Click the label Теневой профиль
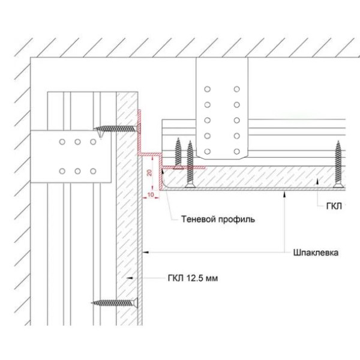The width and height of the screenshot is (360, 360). pos(218,219)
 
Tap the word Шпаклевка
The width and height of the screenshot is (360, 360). pos(316,253)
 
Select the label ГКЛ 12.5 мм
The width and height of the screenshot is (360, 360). pos(193,278)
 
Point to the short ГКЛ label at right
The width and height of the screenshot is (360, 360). pos(334,206)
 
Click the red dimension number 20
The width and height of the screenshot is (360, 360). pos(149,173)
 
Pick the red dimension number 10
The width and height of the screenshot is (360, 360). pos(151,194)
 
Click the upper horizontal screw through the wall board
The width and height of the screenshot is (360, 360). pos(117,129)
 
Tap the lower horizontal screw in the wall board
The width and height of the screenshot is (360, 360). pos(115,303)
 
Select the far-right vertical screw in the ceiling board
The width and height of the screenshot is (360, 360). pos(338,164)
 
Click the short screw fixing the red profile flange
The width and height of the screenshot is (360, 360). pos(178,154)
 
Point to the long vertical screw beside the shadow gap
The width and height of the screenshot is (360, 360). pos(190,164)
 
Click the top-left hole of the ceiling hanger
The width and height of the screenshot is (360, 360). pos(208,89)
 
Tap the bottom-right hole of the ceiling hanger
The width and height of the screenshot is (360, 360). pos(237,152)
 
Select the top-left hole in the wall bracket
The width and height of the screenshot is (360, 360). pos(62,142)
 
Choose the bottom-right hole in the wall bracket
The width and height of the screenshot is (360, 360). pos(93,171)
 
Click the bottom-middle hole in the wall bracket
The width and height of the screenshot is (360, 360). pos(77,171)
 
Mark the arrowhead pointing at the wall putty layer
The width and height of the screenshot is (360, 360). pos(146,253)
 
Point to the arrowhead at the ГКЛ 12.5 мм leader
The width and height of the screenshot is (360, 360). pos(130,278)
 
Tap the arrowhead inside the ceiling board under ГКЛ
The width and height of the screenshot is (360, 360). pos(317,181)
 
